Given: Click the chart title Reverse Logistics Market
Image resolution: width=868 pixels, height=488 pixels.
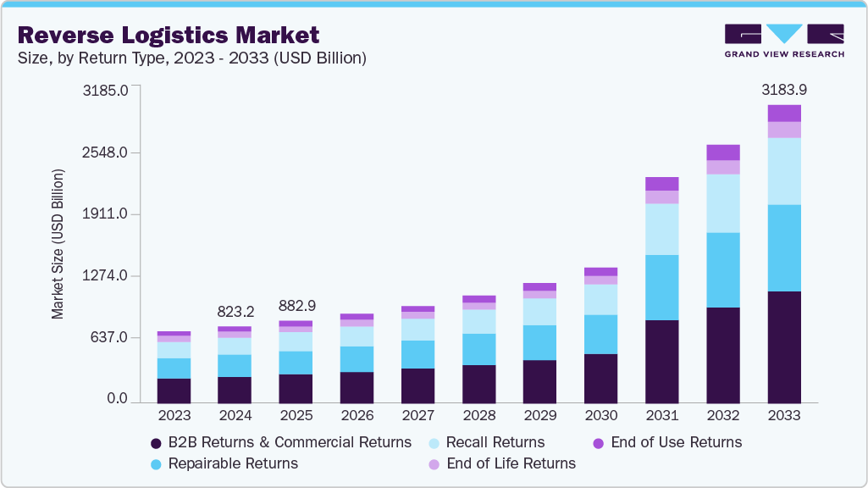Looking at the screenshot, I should coord(168,35).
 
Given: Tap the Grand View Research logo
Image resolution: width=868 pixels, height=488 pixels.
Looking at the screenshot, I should coord(783,41).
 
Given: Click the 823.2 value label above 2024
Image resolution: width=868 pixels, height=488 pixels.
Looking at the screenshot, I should coord(235,310).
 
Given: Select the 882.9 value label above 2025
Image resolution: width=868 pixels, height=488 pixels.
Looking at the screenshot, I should coord(296,305).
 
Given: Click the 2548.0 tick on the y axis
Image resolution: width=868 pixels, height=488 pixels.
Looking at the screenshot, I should coord(104,153).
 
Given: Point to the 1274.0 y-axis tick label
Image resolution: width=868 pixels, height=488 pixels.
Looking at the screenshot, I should coord(104,276).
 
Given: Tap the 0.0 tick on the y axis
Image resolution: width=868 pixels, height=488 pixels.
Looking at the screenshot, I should coord(112,399).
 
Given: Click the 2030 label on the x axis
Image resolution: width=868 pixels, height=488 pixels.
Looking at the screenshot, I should coord(600,416).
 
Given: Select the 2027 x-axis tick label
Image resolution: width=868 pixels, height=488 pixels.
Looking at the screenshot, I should coord(417,416).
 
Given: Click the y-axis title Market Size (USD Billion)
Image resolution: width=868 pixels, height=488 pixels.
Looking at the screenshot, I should coord(58,243).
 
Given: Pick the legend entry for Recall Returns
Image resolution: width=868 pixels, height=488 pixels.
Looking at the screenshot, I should coord(495,442).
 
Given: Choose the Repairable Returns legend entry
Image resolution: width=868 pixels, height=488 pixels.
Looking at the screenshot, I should coord(233,463).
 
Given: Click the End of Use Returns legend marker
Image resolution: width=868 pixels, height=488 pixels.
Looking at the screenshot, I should coord(599,443).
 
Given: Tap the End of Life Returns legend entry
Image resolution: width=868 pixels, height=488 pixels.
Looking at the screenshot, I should coord(510,463).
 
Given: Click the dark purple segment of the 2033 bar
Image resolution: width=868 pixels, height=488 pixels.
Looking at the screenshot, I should coord(783,347).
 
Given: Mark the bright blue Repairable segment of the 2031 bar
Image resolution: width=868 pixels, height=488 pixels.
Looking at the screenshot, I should coord(661,287).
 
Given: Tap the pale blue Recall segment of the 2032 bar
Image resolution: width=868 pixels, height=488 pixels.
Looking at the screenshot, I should coord(722,203).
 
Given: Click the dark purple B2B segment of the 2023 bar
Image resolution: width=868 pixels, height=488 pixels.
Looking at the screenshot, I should coord(174,390).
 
